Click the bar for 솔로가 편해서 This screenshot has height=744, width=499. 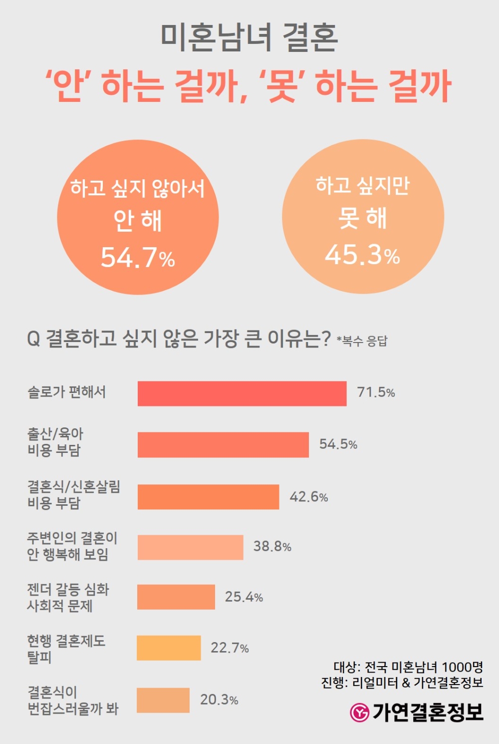click(242, 393)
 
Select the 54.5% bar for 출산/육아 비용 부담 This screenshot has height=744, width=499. click(223, 445)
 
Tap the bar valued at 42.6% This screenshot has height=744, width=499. click(208, 497)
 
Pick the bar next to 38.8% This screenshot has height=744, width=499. click(190, 547)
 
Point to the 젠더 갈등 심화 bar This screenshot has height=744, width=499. click(176, 597)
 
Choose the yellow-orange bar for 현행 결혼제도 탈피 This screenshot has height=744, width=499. click(169, 648)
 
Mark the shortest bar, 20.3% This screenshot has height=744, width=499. click(163, 700)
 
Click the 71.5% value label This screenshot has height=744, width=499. click(376, 392)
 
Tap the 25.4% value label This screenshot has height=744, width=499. click(244, 597)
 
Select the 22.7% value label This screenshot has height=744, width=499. click(230, 648)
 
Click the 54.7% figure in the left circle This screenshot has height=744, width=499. click(138, 258)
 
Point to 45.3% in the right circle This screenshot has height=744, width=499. click(362, 255)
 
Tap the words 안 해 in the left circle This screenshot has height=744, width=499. click(138, 221)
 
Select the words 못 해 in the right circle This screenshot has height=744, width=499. click(362, 218)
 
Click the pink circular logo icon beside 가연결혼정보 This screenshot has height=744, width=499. click(359, 712)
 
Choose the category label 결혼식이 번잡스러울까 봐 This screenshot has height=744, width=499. click(73, 700)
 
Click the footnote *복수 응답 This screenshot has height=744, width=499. click(362, 342)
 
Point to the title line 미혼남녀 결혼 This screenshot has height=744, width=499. click(249, 38)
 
